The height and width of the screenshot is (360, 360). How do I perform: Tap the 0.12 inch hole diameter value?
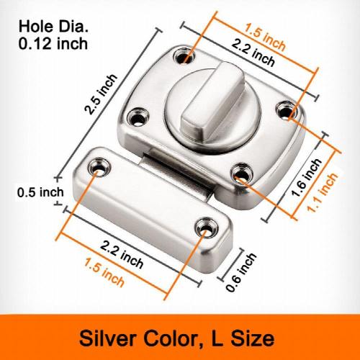53,43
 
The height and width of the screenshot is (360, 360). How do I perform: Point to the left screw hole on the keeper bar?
96,167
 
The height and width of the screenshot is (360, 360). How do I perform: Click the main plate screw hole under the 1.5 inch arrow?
188,55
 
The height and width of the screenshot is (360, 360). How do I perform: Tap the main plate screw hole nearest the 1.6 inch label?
240,173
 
